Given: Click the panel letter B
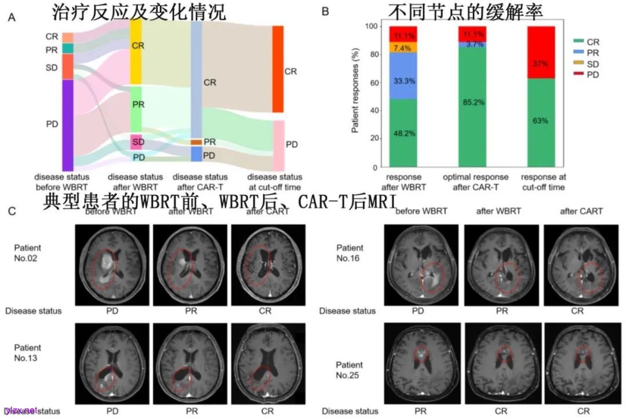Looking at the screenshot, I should coord(326,12).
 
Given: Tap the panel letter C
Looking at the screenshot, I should coord(11,212).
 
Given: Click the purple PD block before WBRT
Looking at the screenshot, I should coord(67,125).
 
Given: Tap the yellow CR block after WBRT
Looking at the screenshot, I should coord(136,52).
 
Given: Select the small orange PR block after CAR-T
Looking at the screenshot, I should coord(196,142).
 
